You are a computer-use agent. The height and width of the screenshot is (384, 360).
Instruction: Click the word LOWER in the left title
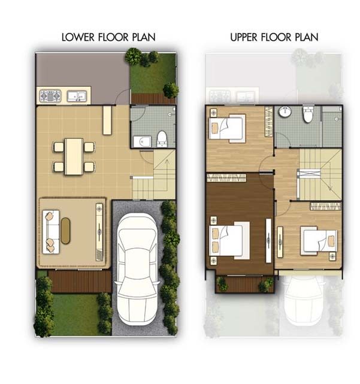78,37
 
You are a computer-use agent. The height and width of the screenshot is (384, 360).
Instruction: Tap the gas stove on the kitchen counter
50,96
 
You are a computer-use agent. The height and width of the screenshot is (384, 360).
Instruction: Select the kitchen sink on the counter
77,96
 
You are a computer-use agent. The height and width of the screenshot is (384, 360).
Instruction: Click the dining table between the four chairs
74,157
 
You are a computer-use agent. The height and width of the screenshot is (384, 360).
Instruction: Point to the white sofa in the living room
51,231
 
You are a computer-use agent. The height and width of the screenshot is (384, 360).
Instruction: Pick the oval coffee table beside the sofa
65,231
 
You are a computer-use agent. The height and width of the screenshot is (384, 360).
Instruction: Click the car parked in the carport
137,269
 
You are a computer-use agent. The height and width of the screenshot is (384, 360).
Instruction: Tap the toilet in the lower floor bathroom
162,139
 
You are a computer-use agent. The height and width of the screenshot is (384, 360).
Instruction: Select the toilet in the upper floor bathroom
308,114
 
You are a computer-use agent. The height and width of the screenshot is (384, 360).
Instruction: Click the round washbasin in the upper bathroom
285,111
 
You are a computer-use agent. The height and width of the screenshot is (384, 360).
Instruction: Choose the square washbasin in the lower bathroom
142,141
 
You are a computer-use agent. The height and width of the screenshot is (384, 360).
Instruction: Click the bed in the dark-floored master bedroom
229,240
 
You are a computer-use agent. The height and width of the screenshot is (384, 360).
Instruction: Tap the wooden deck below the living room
80,282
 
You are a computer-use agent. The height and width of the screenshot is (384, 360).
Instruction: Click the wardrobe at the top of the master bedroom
226,178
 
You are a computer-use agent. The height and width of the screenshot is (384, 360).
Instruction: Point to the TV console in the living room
99,232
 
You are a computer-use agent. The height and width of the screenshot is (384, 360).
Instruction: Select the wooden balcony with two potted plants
245,284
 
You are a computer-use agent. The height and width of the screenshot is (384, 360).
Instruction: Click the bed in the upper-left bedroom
227,128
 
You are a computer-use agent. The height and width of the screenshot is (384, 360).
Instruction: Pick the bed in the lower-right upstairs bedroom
319,241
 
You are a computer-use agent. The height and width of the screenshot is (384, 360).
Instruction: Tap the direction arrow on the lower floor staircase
167,174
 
